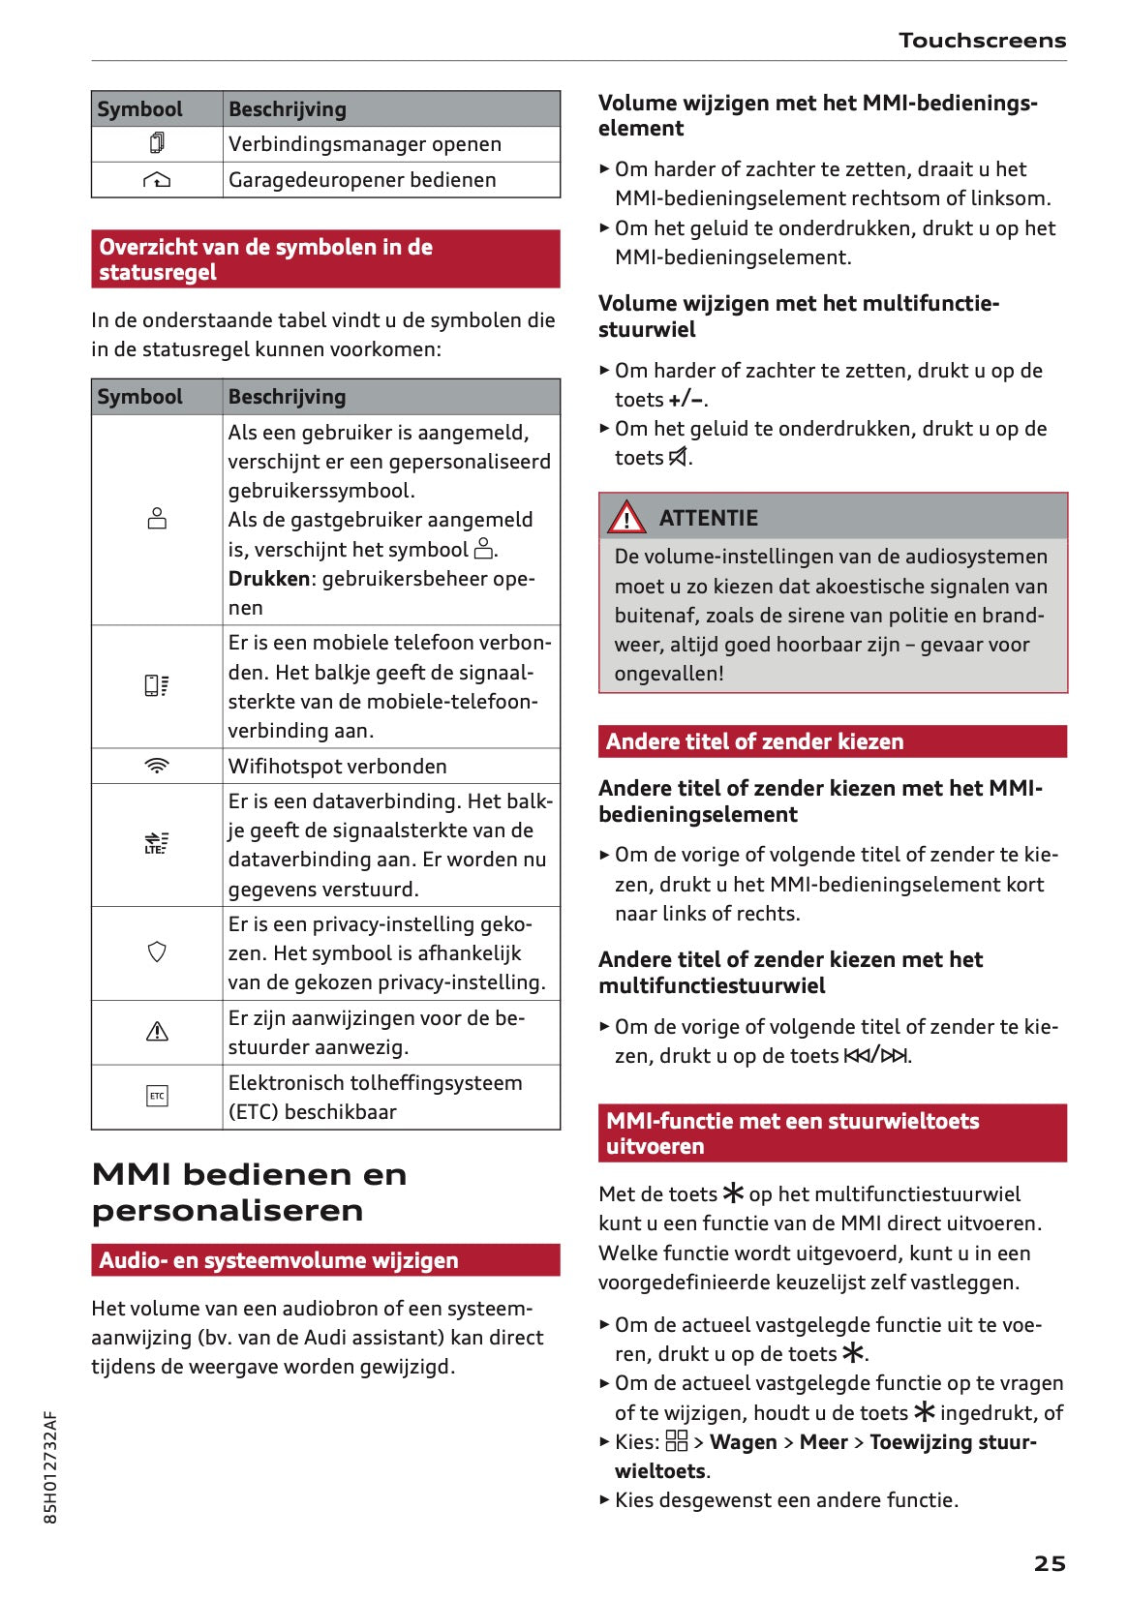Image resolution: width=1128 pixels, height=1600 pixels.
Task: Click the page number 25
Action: coord(1049,1563)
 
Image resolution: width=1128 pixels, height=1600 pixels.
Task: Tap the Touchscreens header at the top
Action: coord(982,41)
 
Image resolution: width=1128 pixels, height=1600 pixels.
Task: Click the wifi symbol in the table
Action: coord(157,766)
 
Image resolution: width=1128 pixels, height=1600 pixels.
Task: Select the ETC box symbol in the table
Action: coord(157,1096)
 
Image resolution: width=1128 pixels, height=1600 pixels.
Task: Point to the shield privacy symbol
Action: coord(157,952)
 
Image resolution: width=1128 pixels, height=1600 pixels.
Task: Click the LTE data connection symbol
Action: coord(156,843)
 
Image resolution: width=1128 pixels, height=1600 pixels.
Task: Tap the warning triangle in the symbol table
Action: coord(157,1032)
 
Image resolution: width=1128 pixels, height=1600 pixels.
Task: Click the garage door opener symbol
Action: coord(157,180)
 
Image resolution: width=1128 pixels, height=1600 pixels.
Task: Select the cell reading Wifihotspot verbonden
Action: coord(337,766)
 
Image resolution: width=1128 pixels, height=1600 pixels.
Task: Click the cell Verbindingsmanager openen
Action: coord(364,144)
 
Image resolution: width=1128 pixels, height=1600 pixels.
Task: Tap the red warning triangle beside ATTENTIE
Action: coord(626,518)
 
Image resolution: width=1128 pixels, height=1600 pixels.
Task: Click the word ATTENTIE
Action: coord(708,518)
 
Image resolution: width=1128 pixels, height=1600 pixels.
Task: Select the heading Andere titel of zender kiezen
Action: coord(754,741)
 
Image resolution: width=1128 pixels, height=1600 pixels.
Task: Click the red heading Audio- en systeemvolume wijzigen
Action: coord(279,1260)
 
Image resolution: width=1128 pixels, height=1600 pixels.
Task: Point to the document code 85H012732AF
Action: coord(50,1467)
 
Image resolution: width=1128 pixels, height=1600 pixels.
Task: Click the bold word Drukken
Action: coord(268,579)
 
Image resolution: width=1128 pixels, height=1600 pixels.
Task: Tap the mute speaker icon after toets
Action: coord(679,457)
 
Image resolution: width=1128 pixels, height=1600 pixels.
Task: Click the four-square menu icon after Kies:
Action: coord(677,1441)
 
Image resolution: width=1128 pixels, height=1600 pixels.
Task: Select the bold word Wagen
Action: coord(743,1442)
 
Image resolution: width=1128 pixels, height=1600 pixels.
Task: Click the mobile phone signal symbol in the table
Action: coord(157,686)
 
